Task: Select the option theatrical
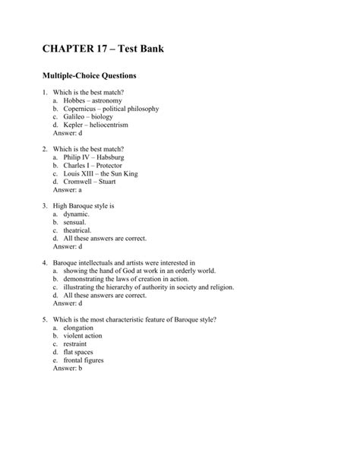tap(77, 229)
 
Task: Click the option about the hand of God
tap(141, 270)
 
